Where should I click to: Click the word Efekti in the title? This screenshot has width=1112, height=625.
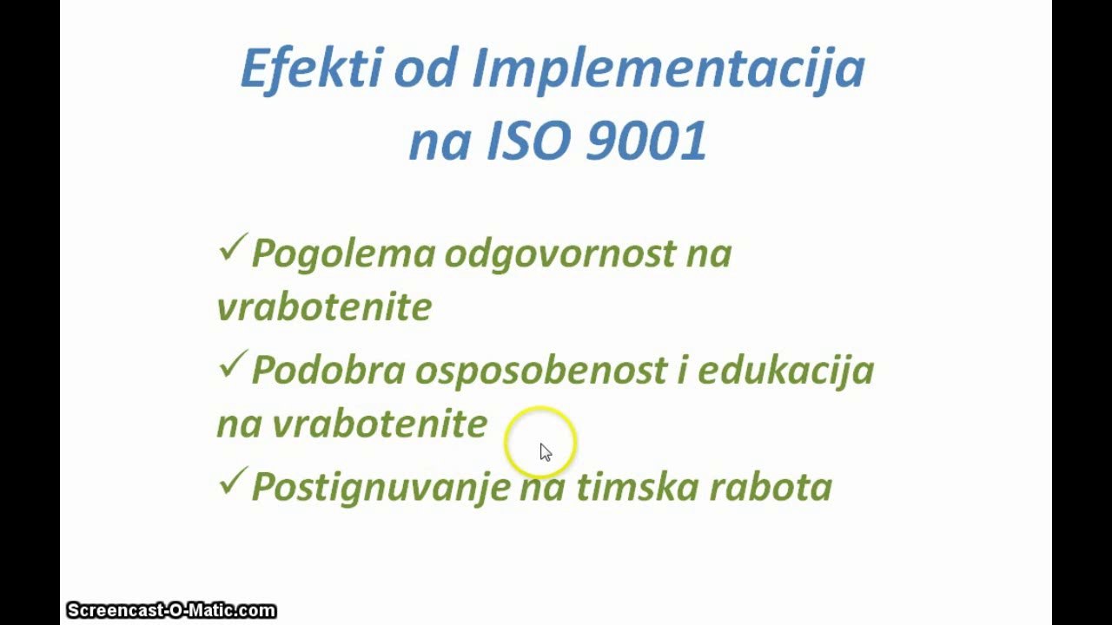309,69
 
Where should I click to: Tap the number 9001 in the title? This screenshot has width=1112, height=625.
646,141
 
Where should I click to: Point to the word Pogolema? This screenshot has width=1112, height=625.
342,253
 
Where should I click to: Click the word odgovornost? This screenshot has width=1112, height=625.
559,253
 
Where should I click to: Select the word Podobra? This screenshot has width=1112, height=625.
328,371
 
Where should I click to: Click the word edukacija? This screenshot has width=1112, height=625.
785,371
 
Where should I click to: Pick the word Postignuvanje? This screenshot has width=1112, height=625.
380,487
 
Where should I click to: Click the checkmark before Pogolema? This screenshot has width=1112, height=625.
232,250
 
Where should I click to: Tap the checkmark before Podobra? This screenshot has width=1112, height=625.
232,366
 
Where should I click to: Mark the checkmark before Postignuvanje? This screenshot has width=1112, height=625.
232,483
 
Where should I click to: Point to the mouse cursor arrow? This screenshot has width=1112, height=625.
545,451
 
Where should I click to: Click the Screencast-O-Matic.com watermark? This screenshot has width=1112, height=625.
171,611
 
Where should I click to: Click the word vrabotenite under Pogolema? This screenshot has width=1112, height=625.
324,307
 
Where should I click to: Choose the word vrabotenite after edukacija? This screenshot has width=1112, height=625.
379,424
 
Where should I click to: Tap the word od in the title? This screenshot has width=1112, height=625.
426,69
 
